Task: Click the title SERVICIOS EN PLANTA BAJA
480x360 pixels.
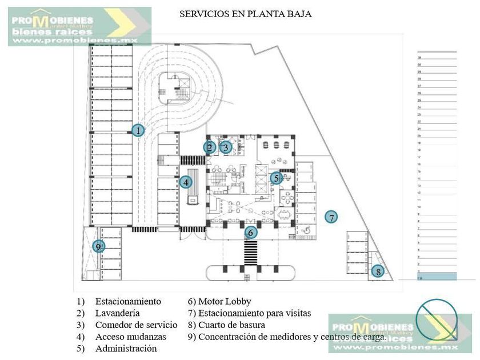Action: coord(246,14)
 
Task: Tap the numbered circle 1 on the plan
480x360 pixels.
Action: coord(138,130)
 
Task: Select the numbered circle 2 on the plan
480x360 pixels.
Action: coord(210,147)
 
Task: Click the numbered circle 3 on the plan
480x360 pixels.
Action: coord(226,147)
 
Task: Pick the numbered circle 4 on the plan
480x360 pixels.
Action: coord(185,182)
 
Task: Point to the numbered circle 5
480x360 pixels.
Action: coord(276,178)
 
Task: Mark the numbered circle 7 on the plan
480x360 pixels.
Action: coord(331,217)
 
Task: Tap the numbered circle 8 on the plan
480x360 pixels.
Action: coord(377,271)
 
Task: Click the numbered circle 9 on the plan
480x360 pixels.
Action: coord(99,246)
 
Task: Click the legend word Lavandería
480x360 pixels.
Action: coord(117,313)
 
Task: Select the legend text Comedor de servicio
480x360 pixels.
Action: coord(136,325)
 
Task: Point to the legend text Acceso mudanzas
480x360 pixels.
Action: coord(131,337)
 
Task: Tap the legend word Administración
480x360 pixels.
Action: coord(126,349)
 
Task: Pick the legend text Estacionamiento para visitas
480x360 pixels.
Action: coord(254,313)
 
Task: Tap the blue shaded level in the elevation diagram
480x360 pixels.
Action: coord(437,276)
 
